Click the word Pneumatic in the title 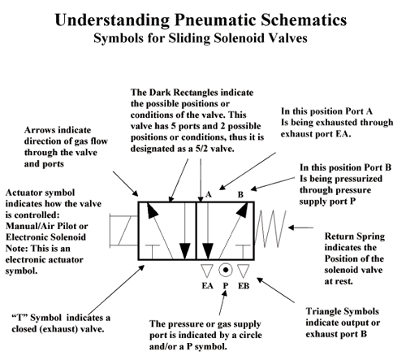click(x=215, y=20)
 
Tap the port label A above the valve click(x=208, y=194)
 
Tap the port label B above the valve click(x=240, y=194)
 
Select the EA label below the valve click(x=207, y=286)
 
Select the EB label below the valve click(x=244, y=286)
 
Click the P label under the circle click(x=226, y=286)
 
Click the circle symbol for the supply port click(x=226, y=270)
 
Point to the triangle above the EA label click(x=207, y=269)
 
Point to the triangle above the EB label click(x=243, y=269)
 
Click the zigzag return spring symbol click(x=270, y=229)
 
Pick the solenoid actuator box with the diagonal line click(x=124, y=231)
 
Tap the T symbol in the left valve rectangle click(x=153, y=252)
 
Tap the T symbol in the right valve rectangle click(x=243, y=252)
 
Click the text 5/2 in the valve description click(x=201, y=149)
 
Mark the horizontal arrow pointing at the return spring click(x=300, y=228)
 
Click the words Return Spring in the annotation click(x=355, y=236)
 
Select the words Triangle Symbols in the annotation click(x=343, y=311)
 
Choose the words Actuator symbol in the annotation click(x=40, y=193)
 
